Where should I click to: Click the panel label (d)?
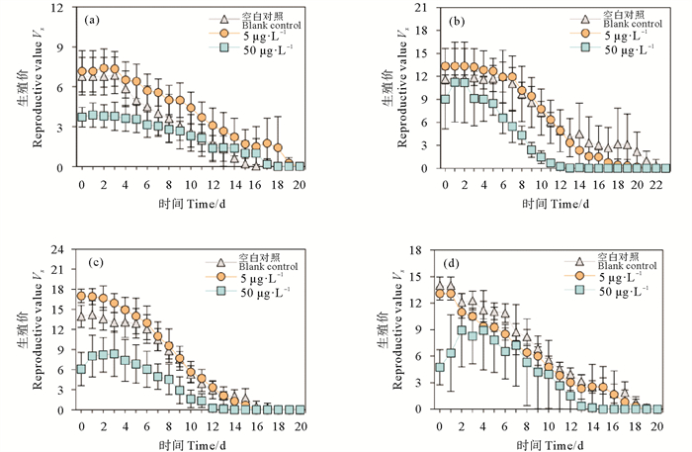pos(458,260)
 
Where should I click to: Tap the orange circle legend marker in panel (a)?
pos(223,34)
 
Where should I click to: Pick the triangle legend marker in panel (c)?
pos(223,260)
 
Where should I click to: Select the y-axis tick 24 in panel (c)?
pos(62,249)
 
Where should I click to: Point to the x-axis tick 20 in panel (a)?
pos(299,185)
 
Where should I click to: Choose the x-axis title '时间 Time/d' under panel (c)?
pos(190,442)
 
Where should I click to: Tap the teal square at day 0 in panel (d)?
pos(440,367)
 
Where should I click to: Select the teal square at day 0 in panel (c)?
pos(81,369)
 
